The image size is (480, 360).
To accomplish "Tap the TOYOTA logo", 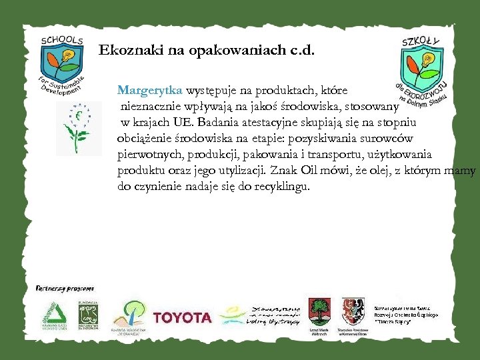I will pos(182,317).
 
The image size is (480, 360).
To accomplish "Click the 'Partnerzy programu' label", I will pos(65,289).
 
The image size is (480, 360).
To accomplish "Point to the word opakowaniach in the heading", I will pos(225,50).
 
